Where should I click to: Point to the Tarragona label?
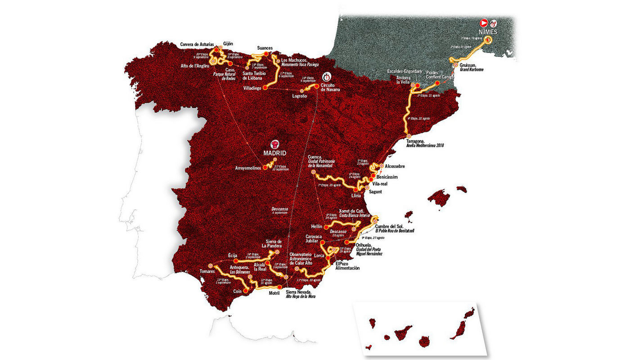[x=415, y=141]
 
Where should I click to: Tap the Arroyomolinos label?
[x=248, y=168]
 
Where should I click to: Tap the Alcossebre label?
[x=398, y=166]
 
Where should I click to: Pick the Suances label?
[x=265, y=48]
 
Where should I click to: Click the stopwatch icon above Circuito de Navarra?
[x=328, y=76]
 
